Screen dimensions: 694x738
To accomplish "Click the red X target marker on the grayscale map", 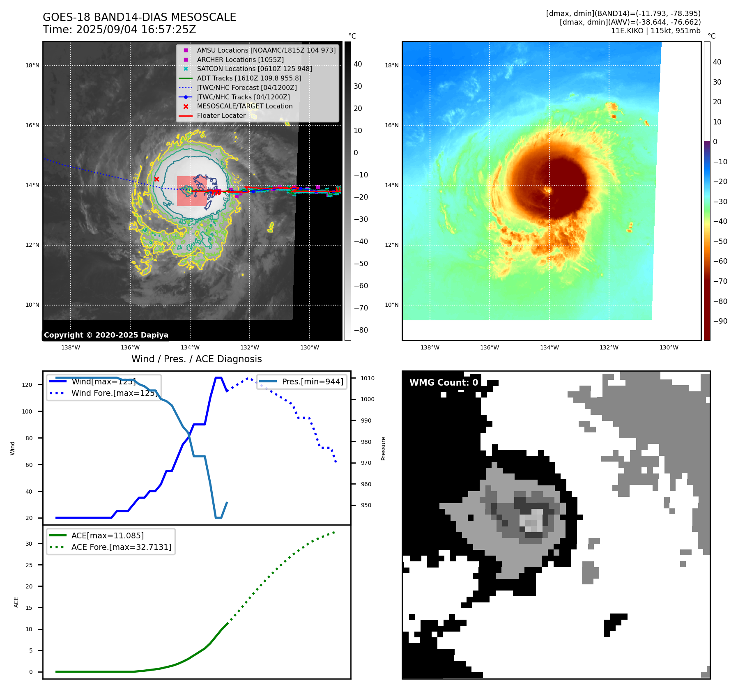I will coord(156,179).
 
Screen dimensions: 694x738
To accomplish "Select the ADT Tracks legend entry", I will coord(249,78).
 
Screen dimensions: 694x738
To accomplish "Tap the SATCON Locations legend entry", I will coord(254,69).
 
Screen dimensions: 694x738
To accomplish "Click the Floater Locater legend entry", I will coord(221,115).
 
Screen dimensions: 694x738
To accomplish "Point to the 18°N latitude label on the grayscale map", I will coord(32,65).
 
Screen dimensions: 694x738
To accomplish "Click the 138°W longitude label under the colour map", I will coord(430,347).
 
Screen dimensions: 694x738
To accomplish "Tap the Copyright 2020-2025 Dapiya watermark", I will coord(106,335).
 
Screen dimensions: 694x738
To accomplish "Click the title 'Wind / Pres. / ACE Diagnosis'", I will coord(196,359).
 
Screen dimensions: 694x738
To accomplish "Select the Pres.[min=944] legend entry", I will coord(312,381).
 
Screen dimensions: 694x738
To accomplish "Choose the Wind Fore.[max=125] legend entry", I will coord(114,393).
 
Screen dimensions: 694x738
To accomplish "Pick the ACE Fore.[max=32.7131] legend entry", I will coord(121,547).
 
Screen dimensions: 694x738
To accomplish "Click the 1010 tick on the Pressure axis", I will coord(368,378).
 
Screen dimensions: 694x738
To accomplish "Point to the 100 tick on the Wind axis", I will coord(27,411).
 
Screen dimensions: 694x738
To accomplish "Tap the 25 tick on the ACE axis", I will coord(29,565).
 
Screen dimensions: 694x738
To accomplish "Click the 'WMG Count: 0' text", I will coord(444,383).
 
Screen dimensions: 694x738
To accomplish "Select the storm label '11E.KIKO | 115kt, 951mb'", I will coord(655,31).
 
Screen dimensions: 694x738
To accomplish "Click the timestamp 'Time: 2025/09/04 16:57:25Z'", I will coord(120,30).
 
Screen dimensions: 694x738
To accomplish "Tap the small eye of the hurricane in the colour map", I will coord(547,190).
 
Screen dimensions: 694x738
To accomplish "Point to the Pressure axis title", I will coord(383,448).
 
